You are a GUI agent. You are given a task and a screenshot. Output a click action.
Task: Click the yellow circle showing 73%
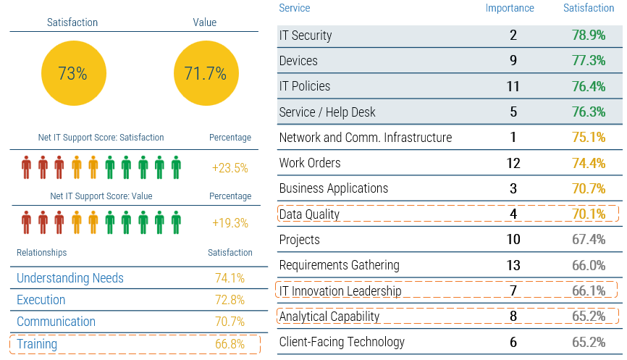point(72,74)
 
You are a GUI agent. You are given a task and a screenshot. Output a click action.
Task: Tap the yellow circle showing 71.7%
point(205,74)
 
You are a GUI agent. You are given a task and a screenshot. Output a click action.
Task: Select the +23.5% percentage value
point(230,168)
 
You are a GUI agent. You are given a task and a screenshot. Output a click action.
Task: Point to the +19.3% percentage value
point(230,223)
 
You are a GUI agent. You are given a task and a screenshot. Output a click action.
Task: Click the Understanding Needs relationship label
point(70,278)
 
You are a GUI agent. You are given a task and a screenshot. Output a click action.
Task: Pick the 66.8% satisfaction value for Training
point(230,344)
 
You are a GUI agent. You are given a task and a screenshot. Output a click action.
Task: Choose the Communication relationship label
point(56,322)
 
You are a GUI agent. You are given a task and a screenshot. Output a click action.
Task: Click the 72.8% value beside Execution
point(230,300)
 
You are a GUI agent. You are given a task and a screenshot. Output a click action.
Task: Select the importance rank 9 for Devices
point(513,61)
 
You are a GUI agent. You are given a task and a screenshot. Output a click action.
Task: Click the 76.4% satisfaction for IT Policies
point(589,86)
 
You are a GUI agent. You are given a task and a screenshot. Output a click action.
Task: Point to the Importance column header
point(510,9)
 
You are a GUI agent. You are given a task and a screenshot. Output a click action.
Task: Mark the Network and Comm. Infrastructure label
point(366,138)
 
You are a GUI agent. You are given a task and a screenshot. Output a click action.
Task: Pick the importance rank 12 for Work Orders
point(513,163)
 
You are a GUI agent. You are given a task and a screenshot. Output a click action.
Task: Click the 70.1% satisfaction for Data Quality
point(589,214)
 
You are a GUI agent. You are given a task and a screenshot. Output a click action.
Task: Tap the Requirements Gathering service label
point(339,265)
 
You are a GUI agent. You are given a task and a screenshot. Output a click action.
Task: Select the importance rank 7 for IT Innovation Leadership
point(513,291)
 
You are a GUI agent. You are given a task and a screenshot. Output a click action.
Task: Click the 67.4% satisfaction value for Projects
point(589,240)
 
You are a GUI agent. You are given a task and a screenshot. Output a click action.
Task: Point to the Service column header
point(295,9)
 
